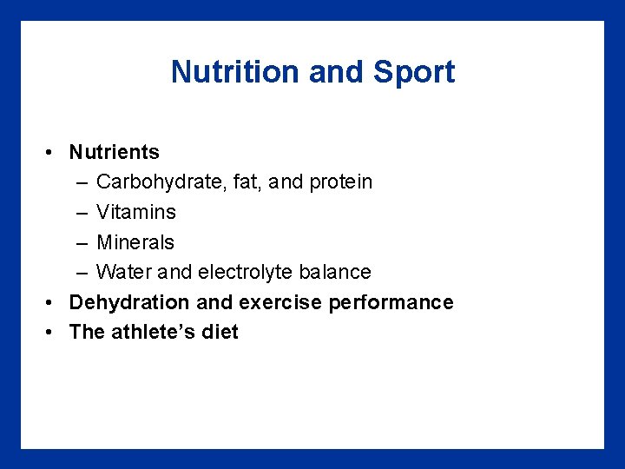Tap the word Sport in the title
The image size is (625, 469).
(x=414, y=71)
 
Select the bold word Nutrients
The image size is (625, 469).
(x=115, y=152)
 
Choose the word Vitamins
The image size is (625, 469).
(x=136, y=212)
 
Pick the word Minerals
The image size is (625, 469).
(x=135, y=242)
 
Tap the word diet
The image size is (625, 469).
(x=220, y=332)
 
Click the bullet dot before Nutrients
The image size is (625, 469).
(x=52, y=153)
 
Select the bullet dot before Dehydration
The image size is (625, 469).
(x=52, y=303)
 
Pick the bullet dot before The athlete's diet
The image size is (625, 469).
(x=52, y=333)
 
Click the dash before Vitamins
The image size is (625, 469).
(x=81, y=213)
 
